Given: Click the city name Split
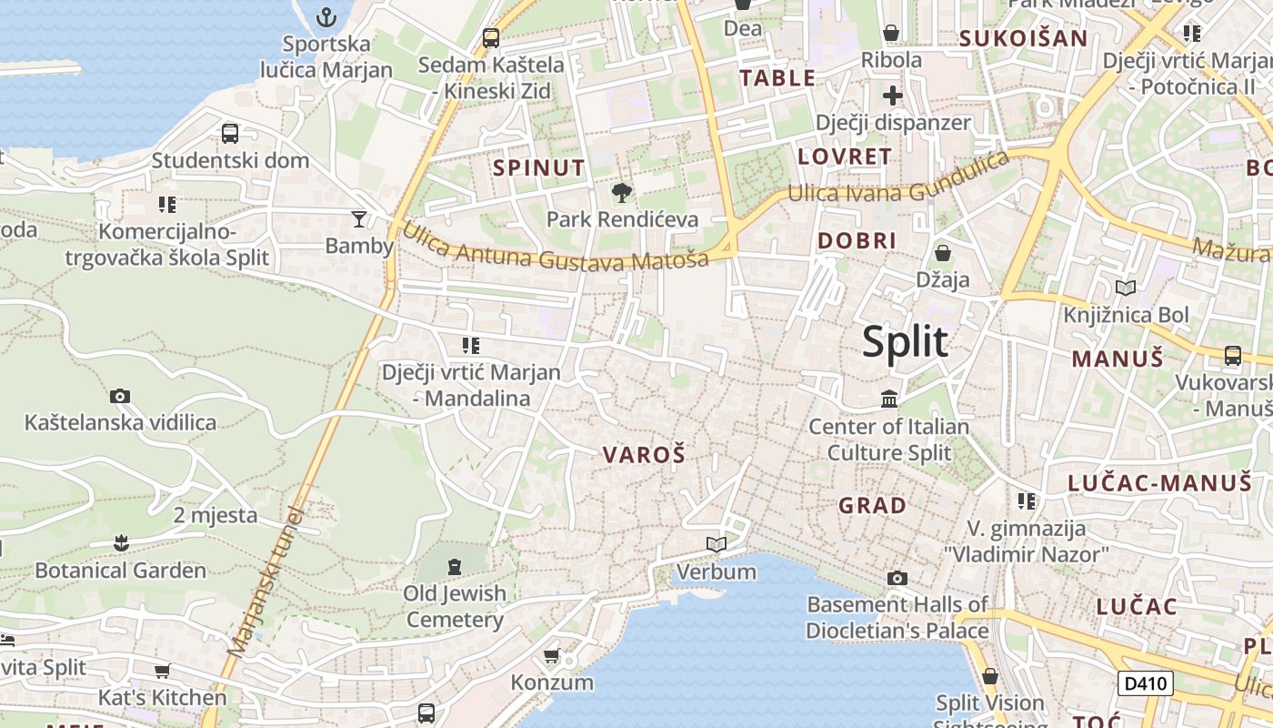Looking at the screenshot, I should (x=905, y=342).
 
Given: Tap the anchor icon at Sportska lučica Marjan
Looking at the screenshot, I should (x=326, y=17).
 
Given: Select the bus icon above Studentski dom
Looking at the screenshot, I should (x=230, y=134).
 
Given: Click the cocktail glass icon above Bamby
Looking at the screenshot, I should (x=359, y=218).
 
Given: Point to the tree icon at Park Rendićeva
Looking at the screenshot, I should (x=622, y=192).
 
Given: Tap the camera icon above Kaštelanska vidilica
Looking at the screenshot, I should (x=120, y=396).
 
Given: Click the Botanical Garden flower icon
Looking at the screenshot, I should (x=120, y=543).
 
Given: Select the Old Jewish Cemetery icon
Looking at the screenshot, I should (x=455, y=567).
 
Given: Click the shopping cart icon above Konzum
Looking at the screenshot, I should (x=551, y=655).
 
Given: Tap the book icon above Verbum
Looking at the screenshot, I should (x=717, y=544).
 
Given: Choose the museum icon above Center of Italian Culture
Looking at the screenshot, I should (x=888, y=399).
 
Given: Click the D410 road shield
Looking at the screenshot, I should (x=1145, y=682).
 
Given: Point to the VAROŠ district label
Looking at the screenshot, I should (x=644, y=455).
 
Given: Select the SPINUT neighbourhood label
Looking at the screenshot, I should (x=538, y=167).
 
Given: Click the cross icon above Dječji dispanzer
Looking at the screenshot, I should (x=892, y=96).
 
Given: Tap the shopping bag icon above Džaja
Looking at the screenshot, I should (x=943, y=252).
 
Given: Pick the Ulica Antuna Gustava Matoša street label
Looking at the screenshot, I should (x=555, y=248).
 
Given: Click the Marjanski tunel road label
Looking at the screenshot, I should (x=264, y=582).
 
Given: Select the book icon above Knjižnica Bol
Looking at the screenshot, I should (x=1126, y=288).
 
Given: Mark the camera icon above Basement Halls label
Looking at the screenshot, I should (x=897, y=578).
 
